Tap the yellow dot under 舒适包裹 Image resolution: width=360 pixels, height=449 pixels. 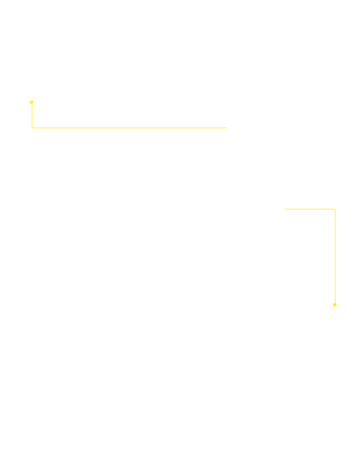pyautogui.click(x=32, y=102)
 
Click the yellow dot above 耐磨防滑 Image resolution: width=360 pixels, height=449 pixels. pyautogui.click(x=335, y=304)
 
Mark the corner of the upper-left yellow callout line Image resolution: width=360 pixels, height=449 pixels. pyautogui.click(x=32, y=128)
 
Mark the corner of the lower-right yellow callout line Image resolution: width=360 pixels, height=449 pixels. pyautogui.click(x=335, y=209)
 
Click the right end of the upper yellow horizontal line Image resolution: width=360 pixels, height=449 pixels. pyautogui.click(x=226, y=128)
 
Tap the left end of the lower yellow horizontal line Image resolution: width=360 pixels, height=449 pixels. pyautogui.click(x=285, y=209)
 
